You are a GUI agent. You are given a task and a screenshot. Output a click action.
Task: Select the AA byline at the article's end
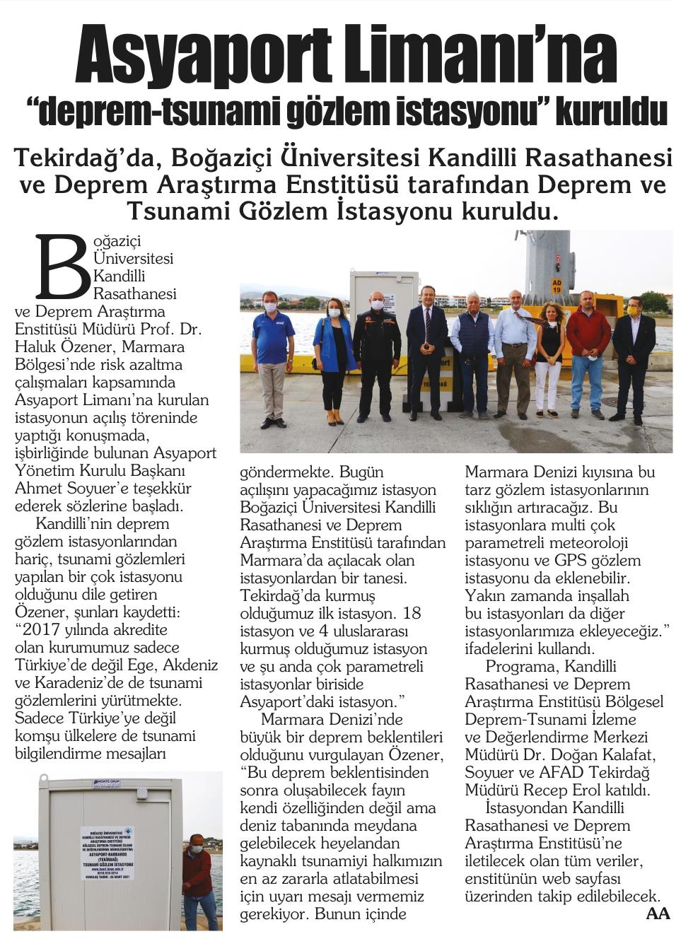point(658,914)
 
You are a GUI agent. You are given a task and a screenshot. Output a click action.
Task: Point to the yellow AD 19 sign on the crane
point(557,286)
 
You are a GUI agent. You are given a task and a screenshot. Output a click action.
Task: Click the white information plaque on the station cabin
point(108,853)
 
